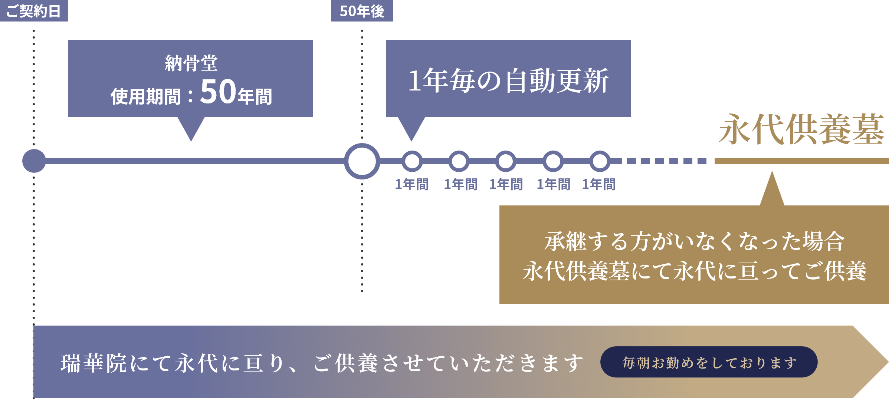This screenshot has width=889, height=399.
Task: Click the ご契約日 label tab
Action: point(34,11)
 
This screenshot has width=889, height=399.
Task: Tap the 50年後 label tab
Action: point(362,11)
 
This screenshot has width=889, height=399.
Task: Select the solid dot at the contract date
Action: point(34,161)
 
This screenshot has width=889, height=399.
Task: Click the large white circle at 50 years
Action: point(362,161)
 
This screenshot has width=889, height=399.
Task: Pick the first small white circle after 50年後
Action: point(412,161)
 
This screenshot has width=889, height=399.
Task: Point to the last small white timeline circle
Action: point(600,161)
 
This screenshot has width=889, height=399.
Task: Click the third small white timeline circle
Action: point(505,161)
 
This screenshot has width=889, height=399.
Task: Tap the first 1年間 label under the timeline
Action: point(412,184)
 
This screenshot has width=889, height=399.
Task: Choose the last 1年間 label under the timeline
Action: point(599,184)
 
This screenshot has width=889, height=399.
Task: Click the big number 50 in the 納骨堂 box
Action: point(218,92)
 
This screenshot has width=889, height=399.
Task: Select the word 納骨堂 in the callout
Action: point(191,63)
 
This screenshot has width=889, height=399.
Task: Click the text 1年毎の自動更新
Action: point(508,80)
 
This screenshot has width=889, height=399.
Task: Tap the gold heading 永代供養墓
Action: point(801,130)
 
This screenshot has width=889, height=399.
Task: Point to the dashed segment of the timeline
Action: point(666,161)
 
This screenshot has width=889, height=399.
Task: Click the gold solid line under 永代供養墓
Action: point(801,161)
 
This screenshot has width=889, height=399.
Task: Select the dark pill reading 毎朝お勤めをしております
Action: point(709,362)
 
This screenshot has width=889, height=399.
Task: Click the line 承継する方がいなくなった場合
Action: point(694,241)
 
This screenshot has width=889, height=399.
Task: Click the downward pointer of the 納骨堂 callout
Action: point(191,128)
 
